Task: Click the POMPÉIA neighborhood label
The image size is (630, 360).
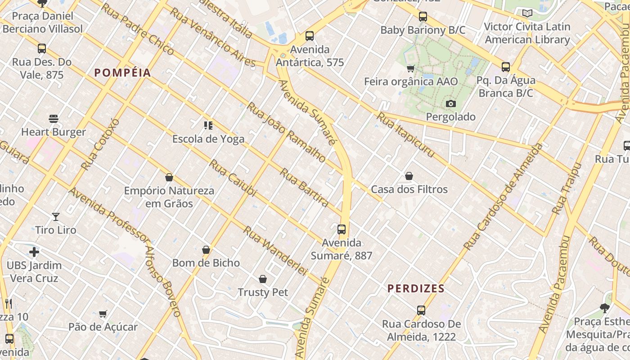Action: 122,73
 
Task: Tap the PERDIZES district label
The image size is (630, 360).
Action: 416,288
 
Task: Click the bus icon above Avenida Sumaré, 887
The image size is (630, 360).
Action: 342,229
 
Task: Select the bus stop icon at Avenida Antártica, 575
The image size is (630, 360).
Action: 309,36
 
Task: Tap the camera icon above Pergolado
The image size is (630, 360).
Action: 450,104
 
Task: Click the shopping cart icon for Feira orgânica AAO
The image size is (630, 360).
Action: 410,69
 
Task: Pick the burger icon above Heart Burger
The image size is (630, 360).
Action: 54,119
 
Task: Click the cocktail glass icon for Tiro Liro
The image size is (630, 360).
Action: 56,217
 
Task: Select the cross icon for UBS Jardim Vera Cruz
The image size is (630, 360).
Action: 34,252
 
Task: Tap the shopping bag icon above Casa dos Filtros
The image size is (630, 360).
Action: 409,176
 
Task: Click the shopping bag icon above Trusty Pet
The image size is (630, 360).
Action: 263,279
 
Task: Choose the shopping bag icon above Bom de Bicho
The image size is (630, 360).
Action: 206,250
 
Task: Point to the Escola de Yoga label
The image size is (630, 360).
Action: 208,139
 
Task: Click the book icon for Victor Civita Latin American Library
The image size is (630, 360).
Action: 527,13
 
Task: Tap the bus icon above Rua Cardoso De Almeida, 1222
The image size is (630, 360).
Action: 421,310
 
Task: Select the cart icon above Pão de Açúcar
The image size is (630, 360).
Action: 103,314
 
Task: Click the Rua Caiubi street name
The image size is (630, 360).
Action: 233,178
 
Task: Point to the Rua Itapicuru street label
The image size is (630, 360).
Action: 405,135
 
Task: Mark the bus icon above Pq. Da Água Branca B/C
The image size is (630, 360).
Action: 506,67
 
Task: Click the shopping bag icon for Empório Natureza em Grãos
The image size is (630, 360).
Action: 169,177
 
